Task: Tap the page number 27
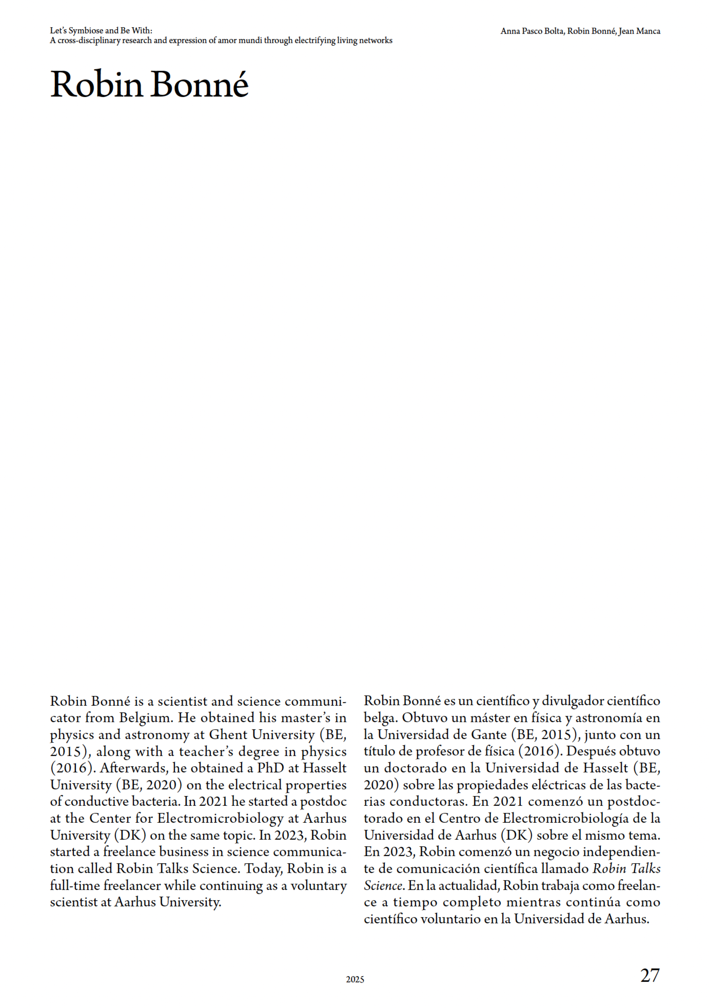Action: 650,975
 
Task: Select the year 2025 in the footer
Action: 355,979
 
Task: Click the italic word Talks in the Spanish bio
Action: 645,869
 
